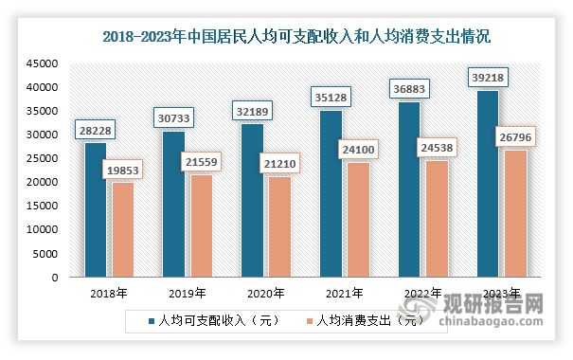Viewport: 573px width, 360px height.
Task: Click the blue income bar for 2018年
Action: point(95,210)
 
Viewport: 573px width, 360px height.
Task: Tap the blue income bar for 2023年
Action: point(488,185)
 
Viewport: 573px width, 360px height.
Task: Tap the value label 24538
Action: point(439,148)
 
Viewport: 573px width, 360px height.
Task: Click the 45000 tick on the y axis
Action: point(42,63)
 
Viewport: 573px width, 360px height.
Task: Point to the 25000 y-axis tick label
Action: point(42,159)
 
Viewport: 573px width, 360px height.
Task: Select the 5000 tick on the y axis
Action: point(45,255)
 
